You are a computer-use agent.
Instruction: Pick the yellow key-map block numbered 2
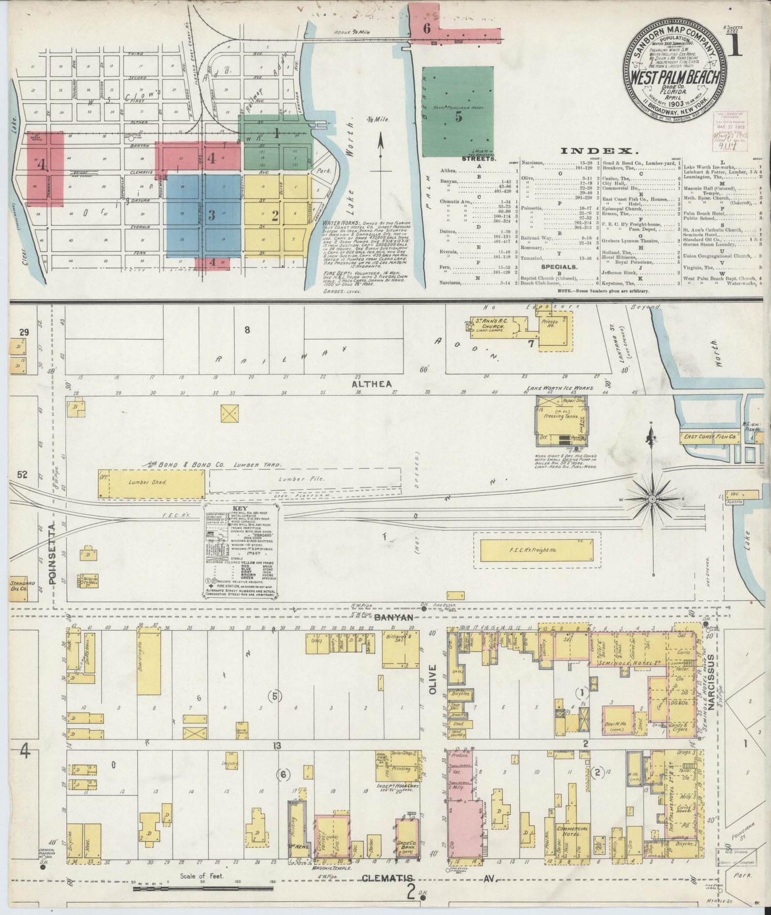276,216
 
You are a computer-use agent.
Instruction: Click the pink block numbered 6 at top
427,28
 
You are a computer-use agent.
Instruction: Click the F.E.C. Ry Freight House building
536,549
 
